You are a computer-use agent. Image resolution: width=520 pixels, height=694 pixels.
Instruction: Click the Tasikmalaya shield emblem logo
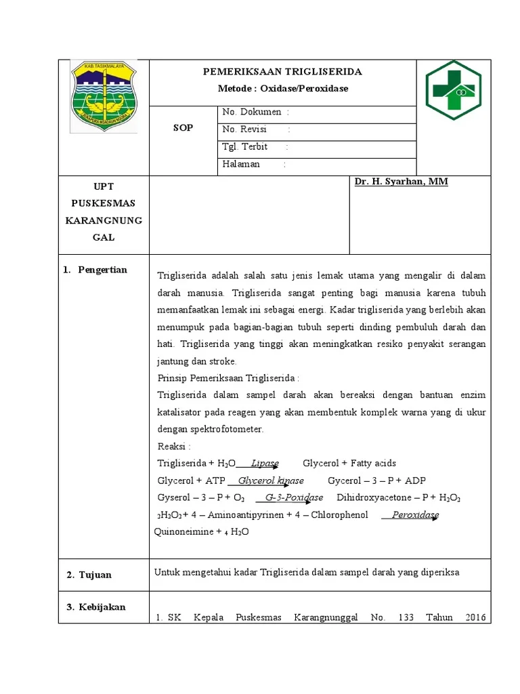[104, 96]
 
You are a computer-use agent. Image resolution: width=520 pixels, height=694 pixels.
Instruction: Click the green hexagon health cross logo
[453, 90]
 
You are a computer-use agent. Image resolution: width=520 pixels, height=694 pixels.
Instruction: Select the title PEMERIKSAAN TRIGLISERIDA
[283, 71]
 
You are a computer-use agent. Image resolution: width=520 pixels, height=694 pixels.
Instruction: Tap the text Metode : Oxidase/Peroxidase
[283, 89]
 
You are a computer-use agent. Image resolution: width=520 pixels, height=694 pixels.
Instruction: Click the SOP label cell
[183, 128]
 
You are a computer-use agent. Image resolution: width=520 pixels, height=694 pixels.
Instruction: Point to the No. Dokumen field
[255, 112]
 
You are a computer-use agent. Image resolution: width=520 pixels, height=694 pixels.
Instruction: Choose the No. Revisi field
[256, 129]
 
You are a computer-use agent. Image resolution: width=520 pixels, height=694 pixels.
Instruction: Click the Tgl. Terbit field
[255, 146]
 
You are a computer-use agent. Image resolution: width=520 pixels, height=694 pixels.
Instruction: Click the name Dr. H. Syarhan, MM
[402, 182]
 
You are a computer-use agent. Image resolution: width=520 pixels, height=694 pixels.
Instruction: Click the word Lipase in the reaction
[265, 464]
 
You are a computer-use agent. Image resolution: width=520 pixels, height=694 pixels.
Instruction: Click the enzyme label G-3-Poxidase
[295, 497]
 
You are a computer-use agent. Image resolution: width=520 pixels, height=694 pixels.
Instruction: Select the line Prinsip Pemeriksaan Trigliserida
[228, 377]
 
